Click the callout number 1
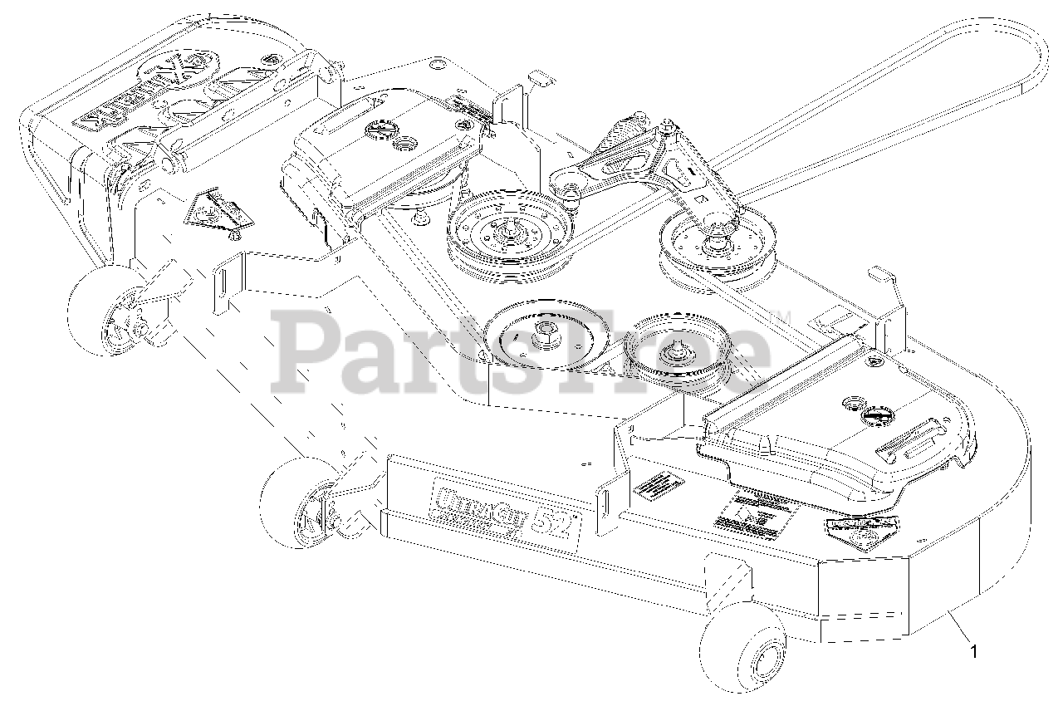coord(975,652)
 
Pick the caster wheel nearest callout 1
coord(742,656)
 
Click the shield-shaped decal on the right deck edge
coord(864,532)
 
